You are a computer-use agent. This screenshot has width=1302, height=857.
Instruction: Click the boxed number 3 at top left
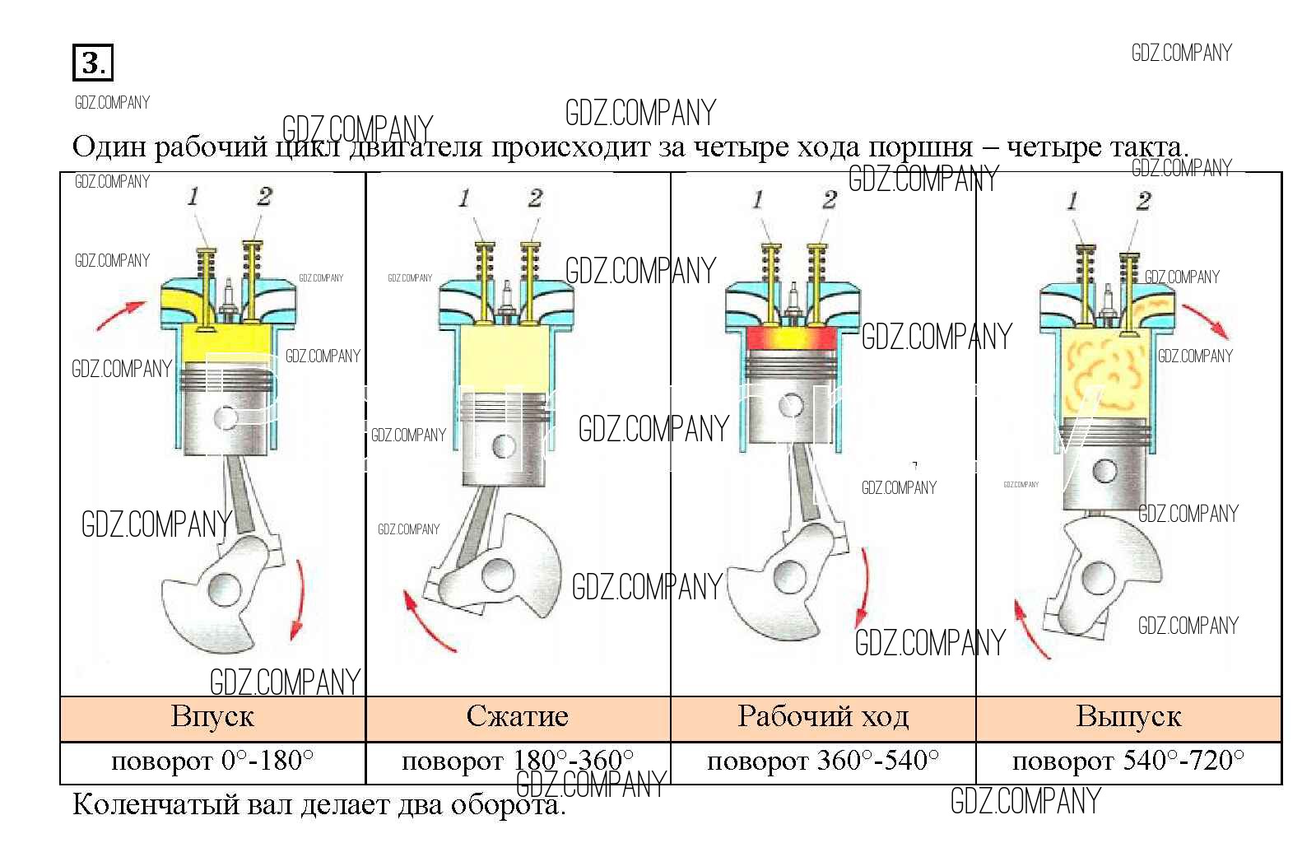[92, 63]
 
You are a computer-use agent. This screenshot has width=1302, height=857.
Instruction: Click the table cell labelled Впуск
[212, 717]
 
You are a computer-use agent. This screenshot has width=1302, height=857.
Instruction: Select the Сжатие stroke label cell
[517, 717]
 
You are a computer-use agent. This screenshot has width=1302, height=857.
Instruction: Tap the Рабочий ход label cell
[823, 717]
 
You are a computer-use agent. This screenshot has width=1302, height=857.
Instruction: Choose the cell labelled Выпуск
[1128, 717]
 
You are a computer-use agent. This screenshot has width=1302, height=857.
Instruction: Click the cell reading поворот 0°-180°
[212, 762]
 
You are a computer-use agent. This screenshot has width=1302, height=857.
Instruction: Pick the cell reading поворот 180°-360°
[517, 762]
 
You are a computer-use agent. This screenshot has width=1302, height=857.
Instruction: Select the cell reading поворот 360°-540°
[823, 762]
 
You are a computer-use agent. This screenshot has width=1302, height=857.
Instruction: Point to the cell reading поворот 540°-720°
[1128, 762]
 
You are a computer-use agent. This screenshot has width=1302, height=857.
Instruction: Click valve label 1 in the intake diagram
[193, 197]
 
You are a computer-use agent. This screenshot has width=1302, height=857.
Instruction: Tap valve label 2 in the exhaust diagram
[1143, 201]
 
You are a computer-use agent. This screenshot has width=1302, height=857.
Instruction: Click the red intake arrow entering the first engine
[120, 314]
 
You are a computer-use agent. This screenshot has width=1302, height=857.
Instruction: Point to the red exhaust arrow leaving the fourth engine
[1207, 321]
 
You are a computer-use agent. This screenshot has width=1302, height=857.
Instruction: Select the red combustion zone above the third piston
[792, 338]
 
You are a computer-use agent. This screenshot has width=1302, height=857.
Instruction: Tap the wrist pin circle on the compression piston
[503, 446]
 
